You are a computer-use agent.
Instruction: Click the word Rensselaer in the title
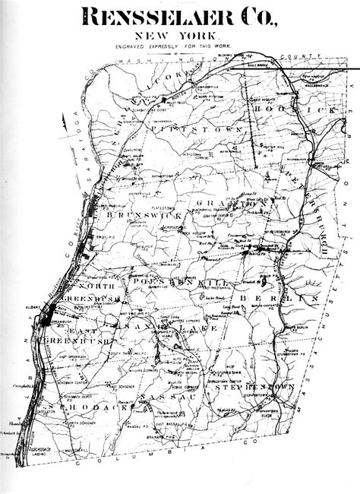[149, 17]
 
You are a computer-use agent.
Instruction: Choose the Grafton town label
[232, 204]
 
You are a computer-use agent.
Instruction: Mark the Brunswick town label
[145, 217]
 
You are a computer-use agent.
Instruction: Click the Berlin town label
[273, 300]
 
